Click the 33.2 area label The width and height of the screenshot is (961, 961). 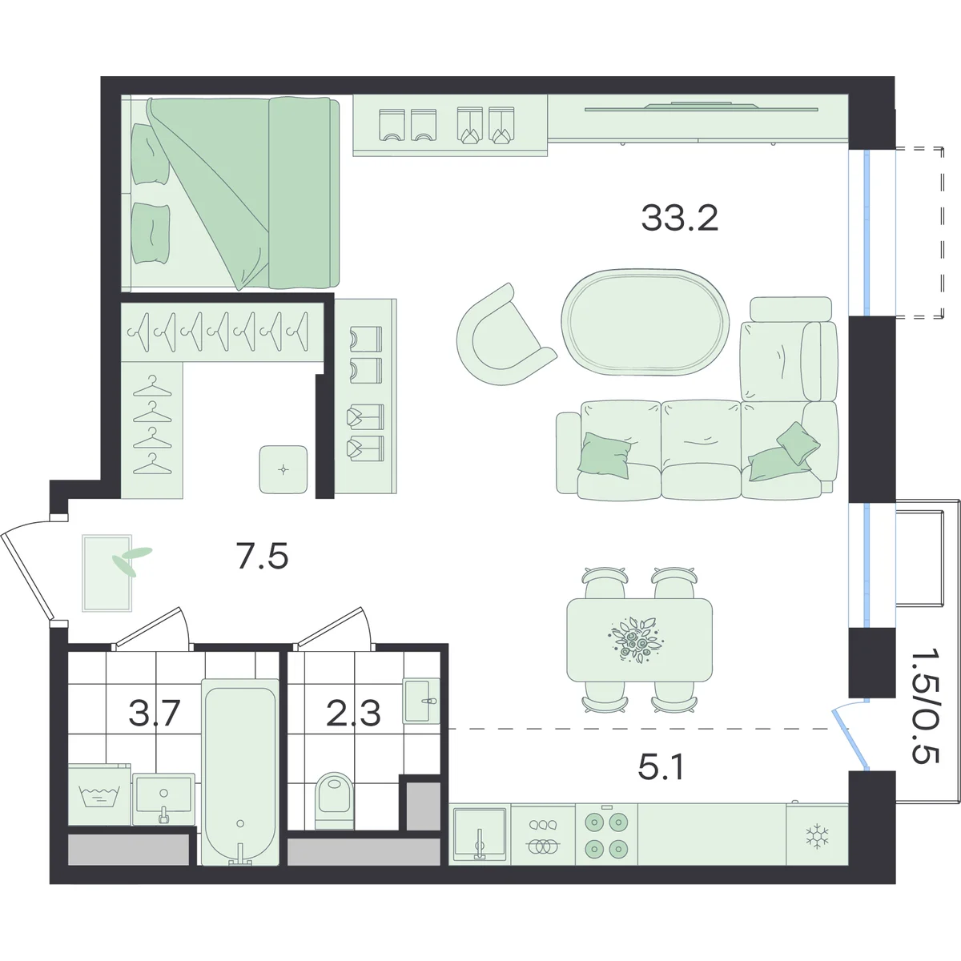679,219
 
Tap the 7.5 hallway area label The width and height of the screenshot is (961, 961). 263,557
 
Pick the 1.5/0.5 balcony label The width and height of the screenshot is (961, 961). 926,714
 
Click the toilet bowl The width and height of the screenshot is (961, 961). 335,801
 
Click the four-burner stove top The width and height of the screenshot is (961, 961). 606,834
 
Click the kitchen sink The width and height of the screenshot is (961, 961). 479,834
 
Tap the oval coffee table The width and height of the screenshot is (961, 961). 645,322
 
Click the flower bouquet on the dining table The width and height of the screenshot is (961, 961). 633,640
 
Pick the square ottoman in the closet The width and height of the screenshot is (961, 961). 283,469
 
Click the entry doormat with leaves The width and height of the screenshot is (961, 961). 107,573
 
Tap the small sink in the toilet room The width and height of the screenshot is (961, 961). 421,701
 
